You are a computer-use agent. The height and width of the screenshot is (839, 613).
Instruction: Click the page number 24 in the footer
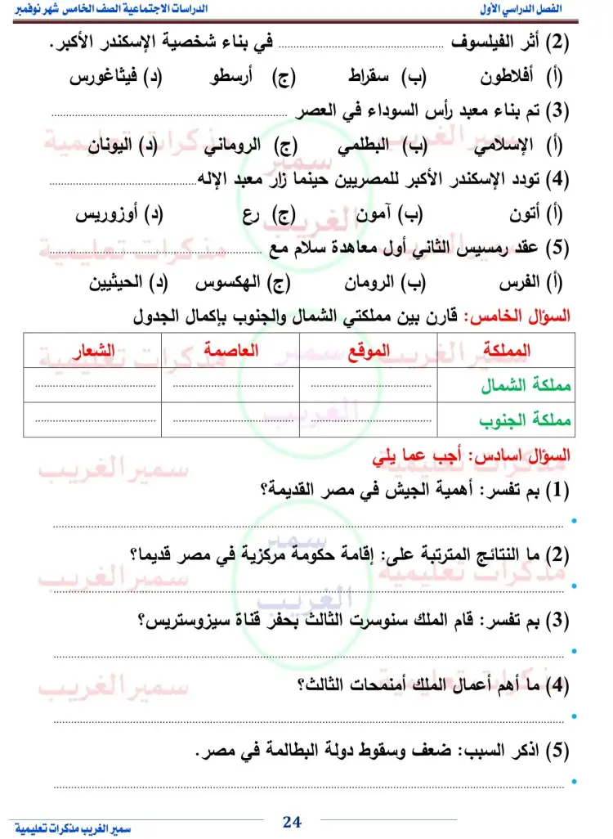coord(293,821)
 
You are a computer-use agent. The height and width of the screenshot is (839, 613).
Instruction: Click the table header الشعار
coord(92,351)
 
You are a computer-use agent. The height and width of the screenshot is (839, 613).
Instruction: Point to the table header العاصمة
coord(231,351)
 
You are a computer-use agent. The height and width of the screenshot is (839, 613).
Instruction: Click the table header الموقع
coord(369,351)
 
